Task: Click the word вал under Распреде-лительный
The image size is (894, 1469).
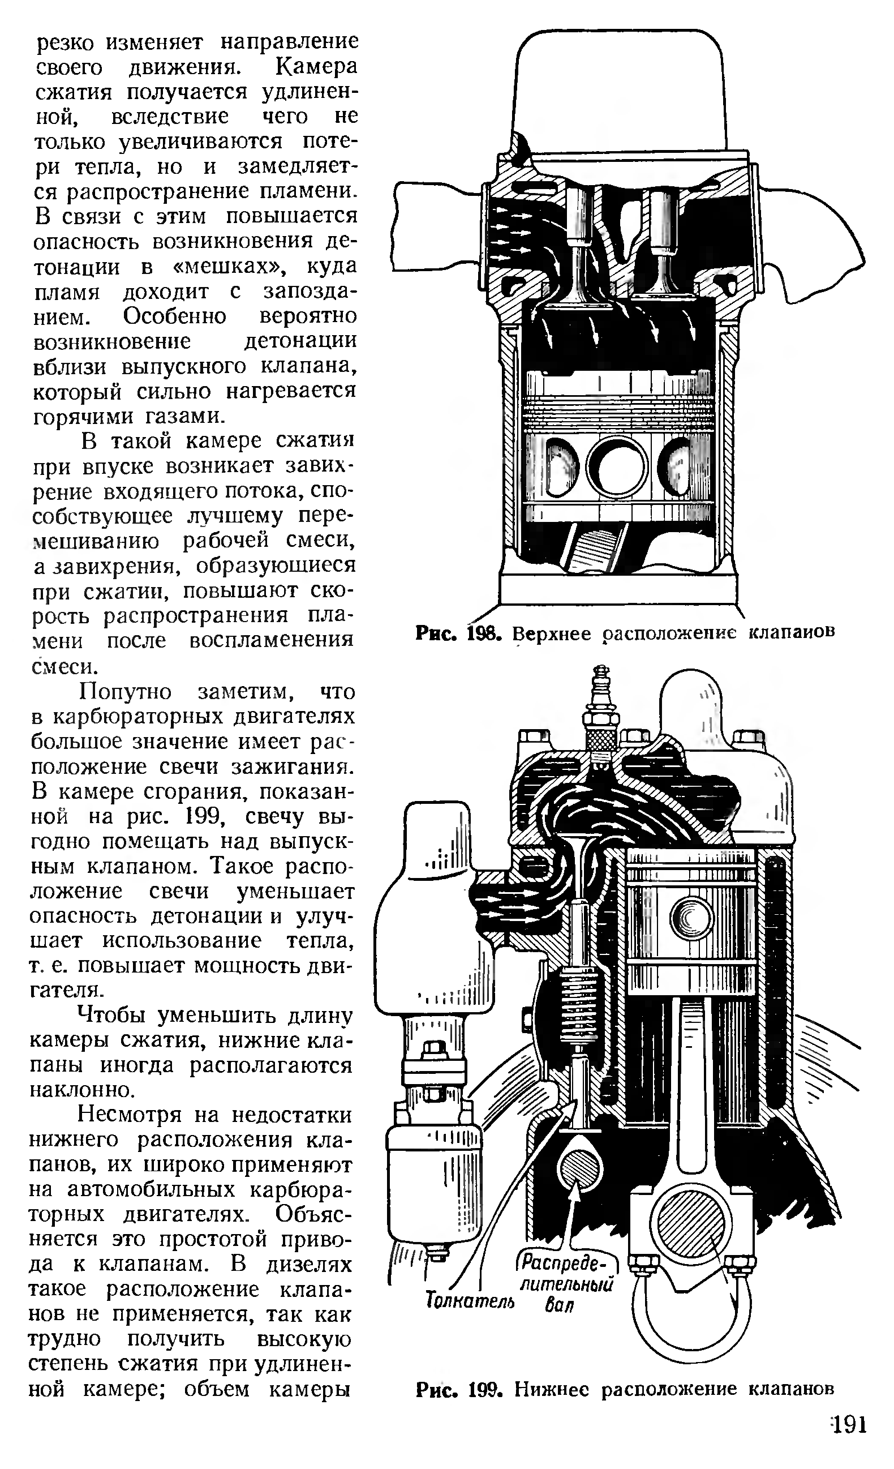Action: (x=558, y=1305)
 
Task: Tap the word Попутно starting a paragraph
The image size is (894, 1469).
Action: (x=126, y=691)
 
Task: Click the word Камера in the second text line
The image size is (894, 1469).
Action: (x=316, y=66)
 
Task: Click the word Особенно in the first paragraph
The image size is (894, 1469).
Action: (x=175, y=316)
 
